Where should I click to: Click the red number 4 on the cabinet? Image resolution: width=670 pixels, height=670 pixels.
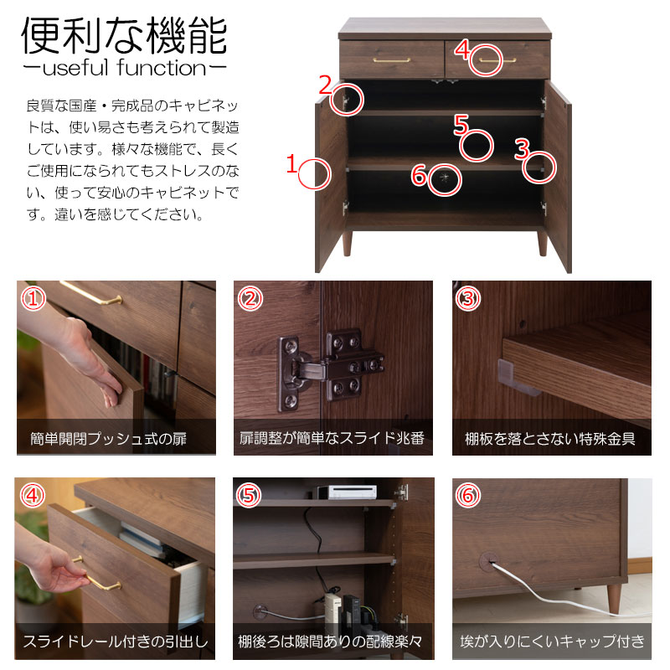[462, 49]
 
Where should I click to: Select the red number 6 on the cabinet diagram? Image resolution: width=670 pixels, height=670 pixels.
[420, 175]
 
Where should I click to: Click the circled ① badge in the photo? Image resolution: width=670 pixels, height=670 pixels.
[33, 298]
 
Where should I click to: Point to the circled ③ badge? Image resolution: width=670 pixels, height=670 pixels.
[468, 298]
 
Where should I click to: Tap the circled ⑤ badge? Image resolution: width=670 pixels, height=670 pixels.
[249, 496]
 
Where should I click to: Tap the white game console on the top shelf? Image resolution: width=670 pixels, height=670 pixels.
[346, 492]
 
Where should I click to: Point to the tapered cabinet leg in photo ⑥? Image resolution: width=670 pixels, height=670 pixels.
[614, 600]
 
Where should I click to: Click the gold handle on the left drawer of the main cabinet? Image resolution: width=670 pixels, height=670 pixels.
[391, 60]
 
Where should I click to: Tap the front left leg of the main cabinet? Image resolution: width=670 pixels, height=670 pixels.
[347, 244]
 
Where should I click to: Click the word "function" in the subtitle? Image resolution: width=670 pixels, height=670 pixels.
[162, 68]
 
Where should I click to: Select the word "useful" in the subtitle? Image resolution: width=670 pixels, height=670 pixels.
[75, 68]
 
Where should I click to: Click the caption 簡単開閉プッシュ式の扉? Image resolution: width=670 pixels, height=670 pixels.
[109, 439]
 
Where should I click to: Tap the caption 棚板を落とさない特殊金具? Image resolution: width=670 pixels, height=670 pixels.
[550, 439]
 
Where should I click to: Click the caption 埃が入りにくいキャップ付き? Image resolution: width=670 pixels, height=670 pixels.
[553, 641]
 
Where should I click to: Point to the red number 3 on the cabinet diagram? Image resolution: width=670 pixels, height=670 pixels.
[522, 149]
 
